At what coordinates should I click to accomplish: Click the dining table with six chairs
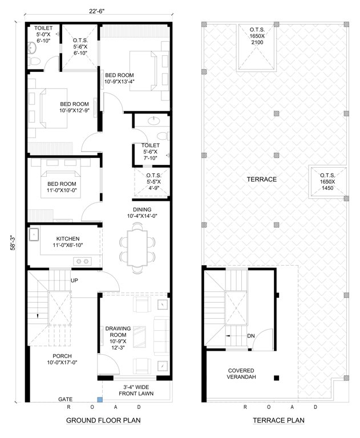(137, 244)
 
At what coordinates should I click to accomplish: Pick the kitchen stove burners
(82, 261)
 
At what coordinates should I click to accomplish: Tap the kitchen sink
(34, 233)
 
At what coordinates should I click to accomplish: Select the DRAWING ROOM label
(118, 336)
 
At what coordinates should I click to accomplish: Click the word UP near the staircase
(74, 281)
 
